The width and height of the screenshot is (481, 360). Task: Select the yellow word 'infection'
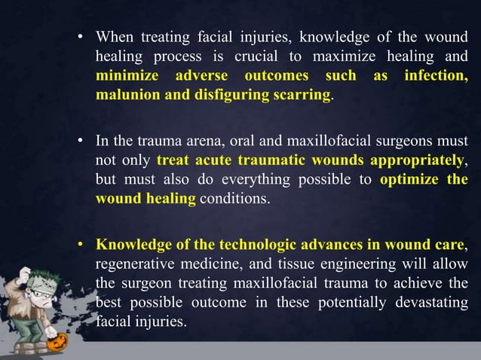click(x=434, y=77)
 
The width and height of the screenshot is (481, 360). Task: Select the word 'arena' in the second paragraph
click(x=195, y=141)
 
